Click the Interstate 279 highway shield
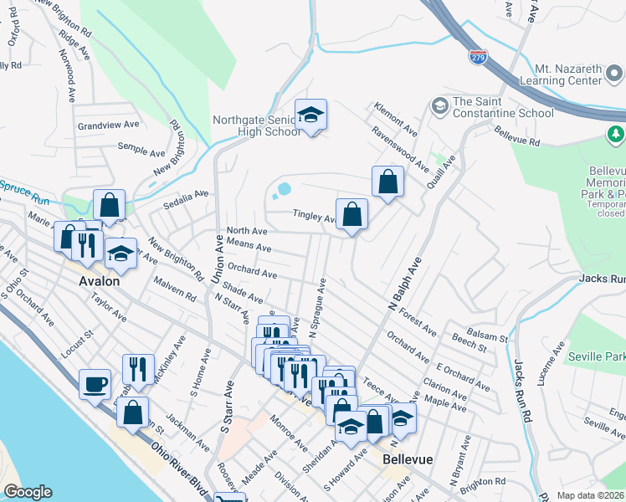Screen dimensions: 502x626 478,57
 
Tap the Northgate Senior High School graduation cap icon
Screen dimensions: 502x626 310,116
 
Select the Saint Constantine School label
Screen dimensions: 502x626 502,107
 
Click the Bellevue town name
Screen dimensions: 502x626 406,460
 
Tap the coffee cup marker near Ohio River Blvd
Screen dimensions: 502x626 95,384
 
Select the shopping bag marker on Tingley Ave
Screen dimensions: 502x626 351,214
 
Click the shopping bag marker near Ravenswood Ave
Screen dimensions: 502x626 387,182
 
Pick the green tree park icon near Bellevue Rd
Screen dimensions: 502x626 615,133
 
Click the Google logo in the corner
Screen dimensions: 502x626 28,492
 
